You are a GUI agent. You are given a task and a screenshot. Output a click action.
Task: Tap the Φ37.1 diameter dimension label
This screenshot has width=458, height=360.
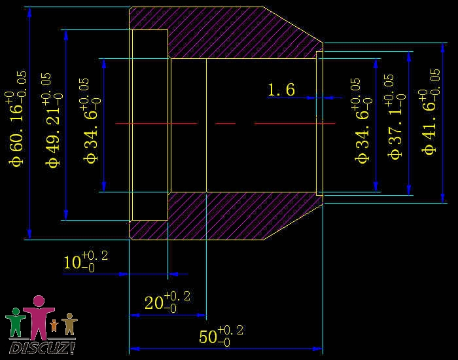[x=396, y=117]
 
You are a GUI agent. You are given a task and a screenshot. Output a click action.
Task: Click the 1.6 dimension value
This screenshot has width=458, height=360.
[x=281, y=90]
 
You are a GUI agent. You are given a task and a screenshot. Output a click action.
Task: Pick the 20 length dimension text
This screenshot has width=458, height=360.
[x=167, y=302]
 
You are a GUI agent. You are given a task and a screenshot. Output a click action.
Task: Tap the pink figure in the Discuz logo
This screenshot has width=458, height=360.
[x=39, y=317]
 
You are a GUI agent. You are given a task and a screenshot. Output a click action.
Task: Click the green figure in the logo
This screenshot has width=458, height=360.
[x=16, y=322]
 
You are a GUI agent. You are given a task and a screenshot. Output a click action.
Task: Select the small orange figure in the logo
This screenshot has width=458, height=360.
[x=54, y=325]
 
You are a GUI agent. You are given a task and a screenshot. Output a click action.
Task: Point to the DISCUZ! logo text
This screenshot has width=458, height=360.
[x=42, y=348]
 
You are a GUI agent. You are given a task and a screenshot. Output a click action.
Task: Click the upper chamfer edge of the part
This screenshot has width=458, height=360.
[x=293, y=25]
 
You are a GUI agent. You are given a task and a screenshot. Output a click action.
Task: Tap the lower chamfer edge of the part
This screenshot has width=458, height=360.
[x=293, y=221]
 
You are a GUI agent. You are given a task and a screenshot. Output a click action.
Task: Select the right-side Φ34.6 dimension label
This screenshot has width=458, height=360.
[x=363, y=120]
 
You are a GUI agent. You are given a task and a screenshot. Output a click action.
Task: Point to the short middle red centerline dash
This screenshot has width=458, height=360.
[x=225, y=124]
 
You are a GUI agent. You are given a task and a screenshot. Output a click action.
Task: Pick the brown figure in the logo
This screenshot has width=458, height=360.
[x=69, y=324]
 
